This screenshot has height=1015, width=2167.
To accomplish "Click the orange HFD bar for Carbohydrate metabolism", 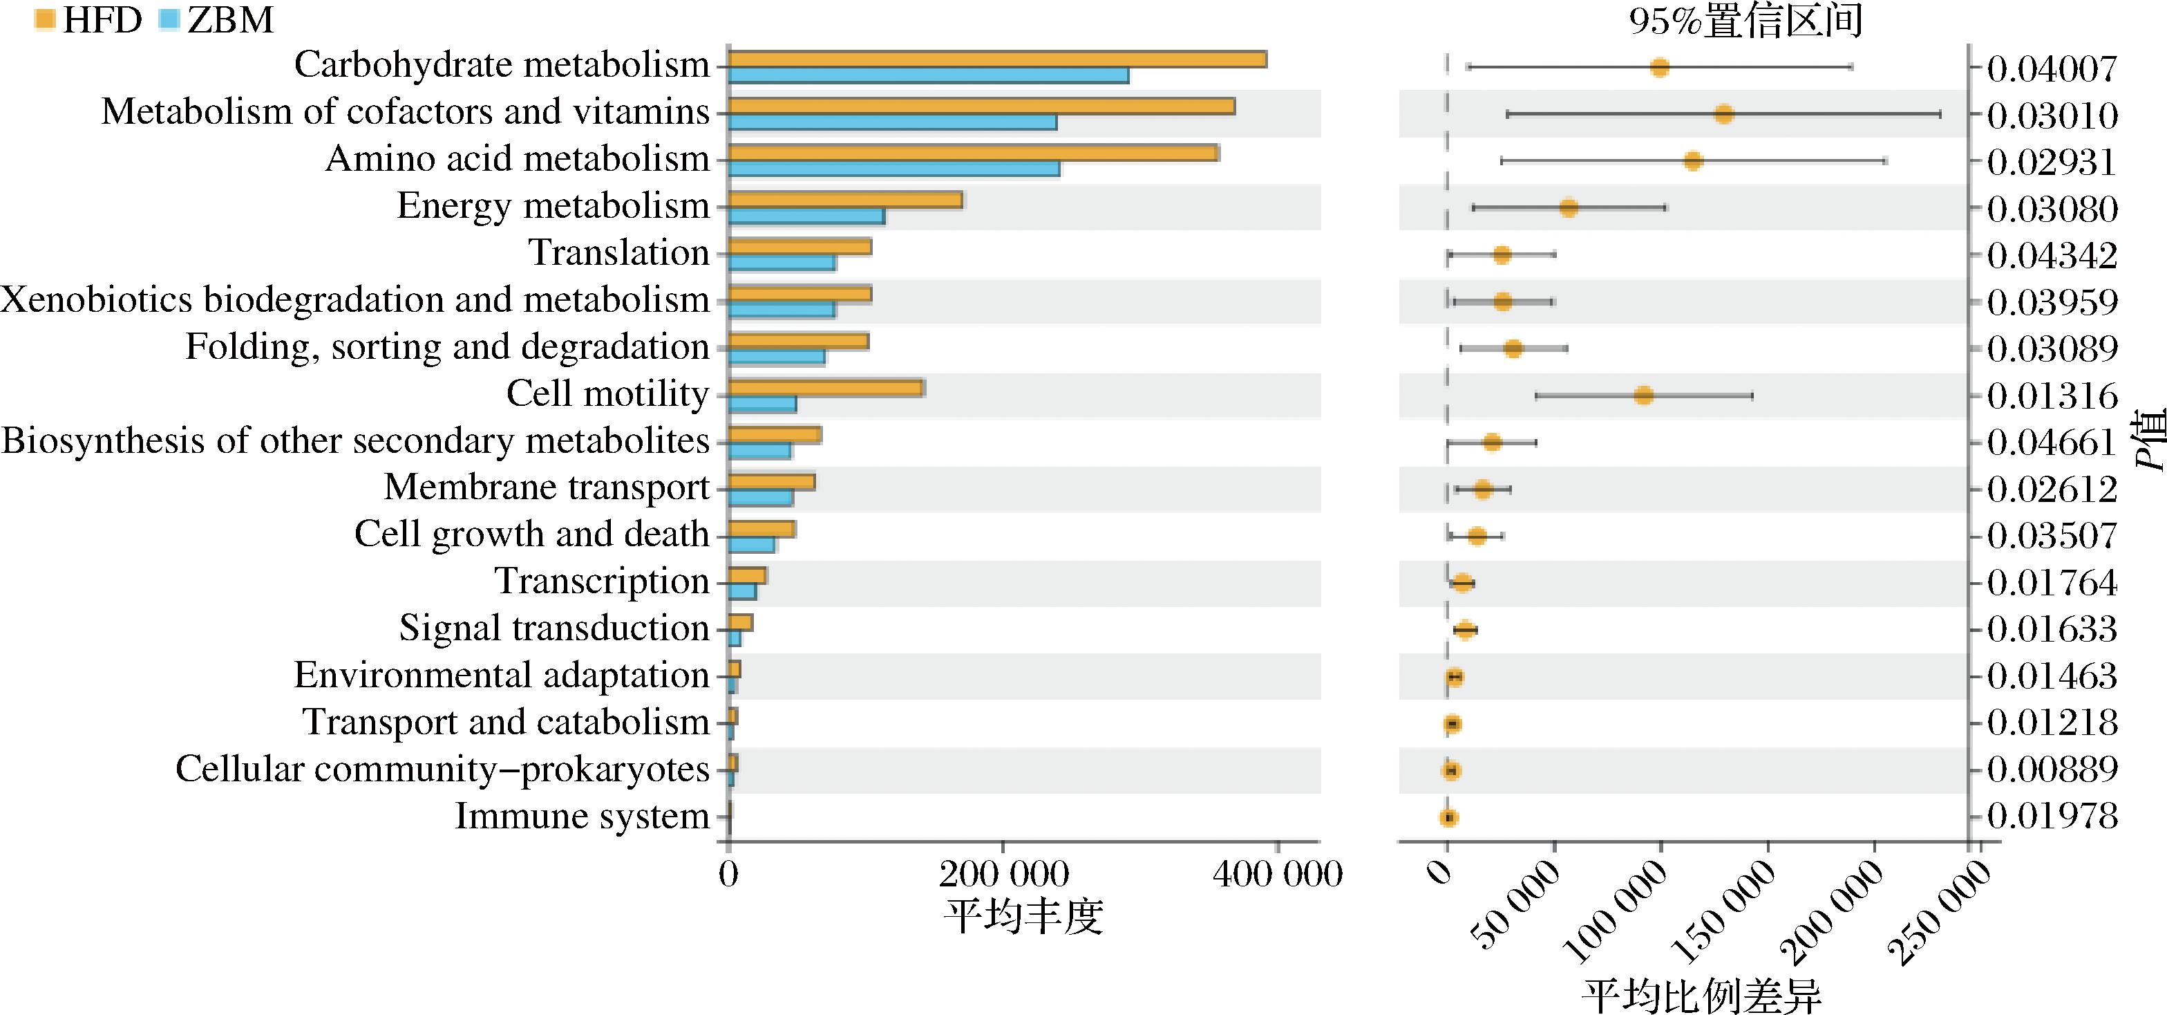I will point(997,59).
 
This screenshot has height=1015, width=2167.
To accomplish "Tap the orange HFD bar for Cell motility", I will point(826,388).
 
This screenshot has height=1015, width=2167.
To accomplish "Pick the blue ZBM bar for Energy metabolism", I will point(806,216).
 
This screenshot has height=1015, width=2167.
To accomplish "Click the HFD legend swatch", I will point(46,19).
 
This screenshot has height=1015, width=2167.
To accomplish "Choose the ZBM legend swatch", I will point(169,19).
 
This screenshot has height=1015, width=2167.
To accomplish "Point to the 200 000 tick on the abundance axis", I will point(1003,875).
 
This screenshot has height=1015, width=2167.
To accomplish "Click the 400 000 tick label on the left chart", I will point(1277,875).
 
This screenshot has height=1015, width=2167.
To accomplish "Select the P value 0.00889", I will point(2052,770).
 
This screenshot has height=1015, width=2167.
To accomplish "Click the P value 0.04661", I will point(2052,442).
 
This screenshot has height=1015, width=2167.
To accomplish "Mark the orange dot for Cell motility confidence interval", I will point(1644,395).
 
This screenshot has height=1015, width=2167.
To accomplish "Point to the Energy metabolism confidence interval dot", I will point(1569,208).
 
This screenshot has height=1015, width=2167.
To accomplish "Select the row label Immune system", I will point(582,816).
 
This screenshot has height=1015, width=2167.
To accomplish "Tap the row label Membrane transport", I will point(547,487).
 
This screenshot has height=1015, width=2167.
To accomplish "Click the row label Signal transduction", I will point(553,628).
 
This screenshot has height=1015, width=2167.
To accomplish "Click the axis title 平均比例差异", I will point(1702,996).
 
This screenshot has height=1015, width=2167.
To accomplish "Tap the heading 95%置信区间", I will point(1745,21).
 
